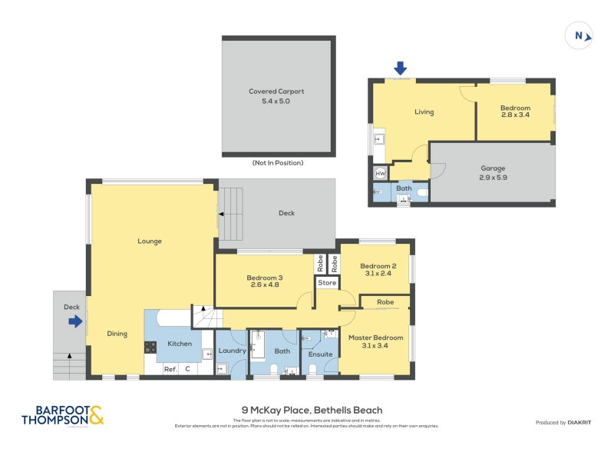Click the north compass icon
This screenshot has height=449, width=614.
[579, 35]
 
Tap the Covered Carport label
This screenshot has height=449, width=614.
[278, 95]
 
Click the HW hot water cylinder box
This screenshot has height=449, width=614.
[380, 174]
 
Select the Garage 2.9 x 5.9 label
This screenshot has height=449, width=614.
[493, 172]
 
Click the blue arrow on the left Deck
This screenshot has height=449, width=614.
[75, 322]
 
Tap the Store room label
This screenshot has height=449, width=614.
[328, 283]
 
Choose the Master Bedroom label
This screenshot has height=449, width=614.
[375, 341]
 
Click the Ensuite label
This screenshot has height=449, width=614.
[320, 354]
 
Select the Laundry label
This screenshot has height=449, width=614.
[231, 351]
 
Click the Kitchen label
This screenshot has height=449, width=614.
[179, 344]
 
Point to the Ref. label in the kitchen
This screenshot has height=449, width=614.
[170, 370]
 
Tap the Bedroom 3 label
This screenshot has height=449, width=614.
[264, 281]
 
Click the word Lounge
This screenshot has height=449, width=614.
[149, 241]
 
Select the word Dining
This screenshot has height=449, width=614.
[117, 334]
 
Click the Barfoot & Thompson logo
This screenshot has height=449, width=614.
[62, 415]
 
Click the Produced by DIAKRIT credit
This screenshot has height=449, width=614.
[563, 422]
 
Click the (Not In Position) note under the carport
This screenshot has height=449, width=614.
[277, 163]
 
